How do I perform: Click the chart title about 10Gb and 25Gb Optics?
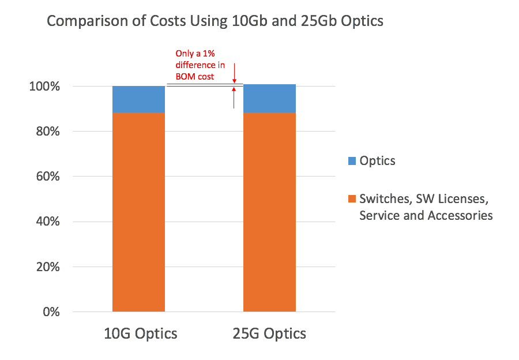pos(215,21)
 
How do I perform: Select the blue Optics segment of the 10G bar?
pos(138,99)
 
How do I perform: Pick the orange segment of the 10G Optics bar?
pos(138,212)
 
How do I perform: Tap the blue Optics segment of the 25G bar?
pos(269,99)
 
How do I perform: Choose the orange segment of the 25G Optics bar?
pos(269,212)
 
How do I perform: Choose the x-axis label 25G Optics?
pos(269,334)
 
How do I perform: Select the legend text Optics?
pos(378,161)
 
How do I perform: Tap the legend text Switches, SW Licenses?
pos(424,200)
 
